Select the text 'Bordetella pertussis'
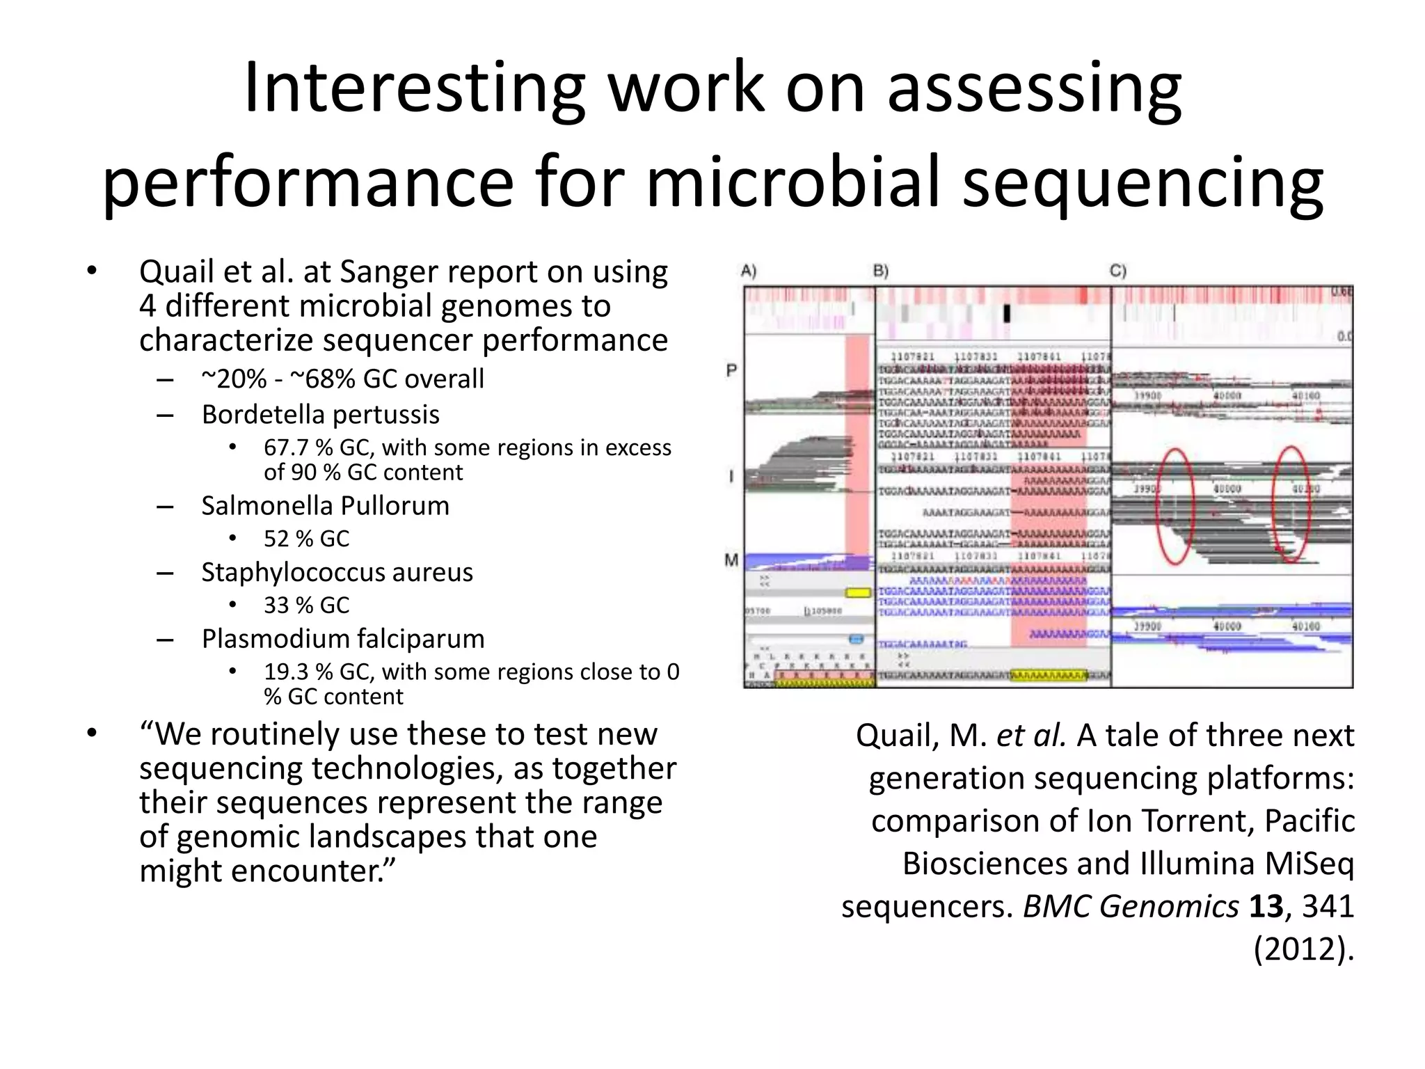coord(320,415)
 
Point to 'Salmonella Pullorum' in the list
coord(325,506)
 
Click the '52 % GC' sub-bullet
coord(306,539)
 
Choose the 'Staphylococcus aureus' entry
coord(337,572)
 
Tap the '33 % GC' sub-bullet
coord(306,605)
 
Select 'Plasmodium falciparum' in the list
coord(342,639)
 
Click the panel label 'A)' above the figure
coord(749,271)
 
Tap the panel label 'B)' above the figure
coord(881,271)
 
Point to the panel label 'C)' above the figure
coord(1117,271)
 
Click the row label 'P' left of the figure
coord(731,370)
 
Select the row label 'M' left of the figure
coord(731,560)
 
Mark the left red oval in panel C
coord(1175,505)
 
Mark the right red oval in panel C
coord(1291,504)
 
